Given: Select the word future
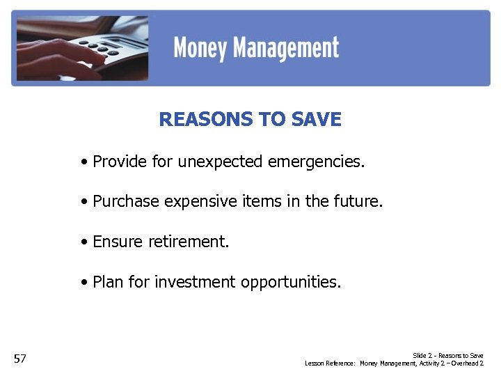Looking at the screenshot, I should pyautogui.click(x=358, y=202).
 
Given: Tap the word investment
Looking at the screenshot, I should pyautogui.click(x=196, y=282).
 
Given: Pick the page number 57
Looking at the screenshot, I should pyautogui.click(x=20, y=359).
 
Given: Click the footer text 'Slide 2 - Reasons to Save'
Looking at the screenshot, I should pyautogui.click(x=448, y=356).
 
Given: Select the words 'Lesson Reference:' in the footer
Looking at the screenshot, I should pyautogui.click(x=331, y=363).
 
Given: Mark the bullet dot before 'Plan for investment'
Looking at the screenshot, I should pyautogui.click(x=83, y=283).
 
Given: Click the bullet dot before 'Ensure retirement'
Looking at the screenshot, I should pyautogui.click(x=83, y=243).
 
